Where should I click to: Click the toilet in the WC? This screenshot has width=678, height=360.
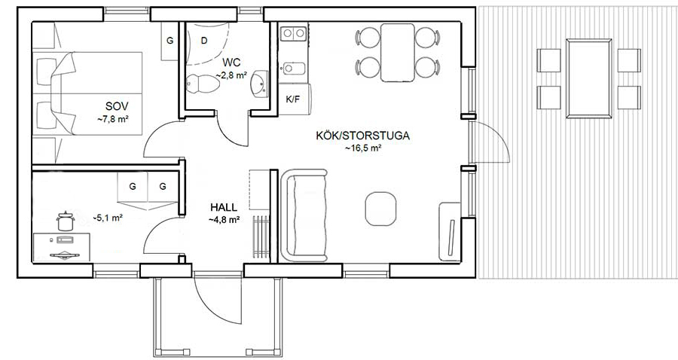[x=203, y=84]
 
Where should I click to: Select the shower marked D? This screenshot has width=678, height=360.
[x=206, y=43]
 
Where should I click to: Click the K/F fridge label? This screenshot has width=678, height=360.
[x=293, y=99]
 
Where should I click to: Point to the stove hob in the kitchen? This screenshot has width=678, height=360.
[x=293, y=33]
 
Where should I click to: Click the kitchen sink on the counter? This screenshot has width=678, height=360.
[x=294, y=69]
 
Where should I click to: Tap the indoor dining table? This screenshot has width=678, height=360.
[x=398, y=53]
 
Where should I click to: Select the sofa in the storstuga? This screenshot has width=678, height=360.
[x=304, y=215]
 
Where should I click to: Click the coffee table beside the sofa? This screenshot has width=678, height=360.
[x=380, y=209]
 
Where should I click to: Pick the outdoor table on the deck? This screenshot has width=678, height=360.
[x=589, y=78]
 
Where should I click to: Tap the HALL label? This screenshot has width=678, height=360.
[x=224, y=207]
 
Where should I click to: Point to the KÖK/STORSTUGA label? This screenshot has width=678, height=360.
[x=363, y=136]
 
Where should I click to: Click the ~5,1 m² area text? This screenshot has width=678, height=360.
[x=108, y=218]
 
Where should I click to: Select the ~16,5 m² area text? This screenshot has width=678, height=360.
[x=363, y=148]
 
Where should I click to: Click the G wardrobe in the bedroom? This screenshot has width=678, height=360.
[x=170, y=41]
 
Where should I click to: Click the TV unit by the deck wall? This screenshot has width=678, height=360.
[x=450, y=232]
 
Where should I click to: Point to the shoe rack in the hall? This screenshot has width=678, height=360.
[x=261, y=236]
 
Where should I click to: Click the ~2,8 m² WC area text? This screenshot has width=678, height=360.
[x=231, y=75]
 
